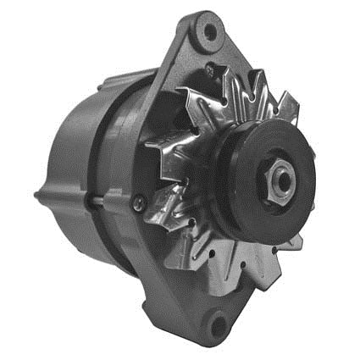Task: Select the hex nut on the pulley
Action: point(282,176)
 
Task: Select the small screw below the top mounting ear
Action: point(208,71)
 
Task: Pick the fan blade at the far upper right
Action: point(288,106)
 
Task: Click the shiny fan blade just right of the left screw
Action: point(161,212)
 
